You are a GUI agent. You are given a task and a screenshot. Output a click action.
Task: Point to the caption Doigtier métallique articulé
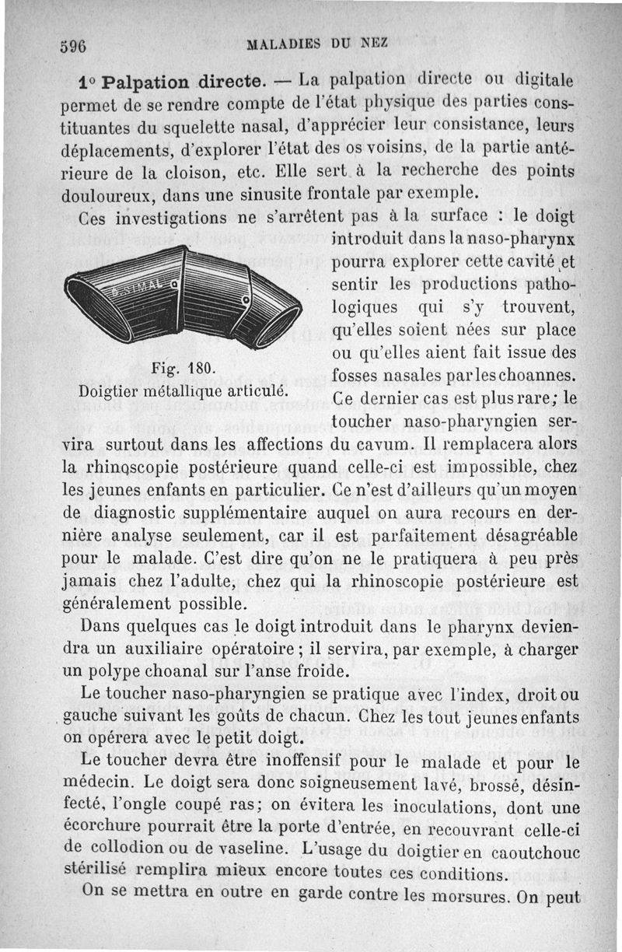[x=185, y=390]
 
